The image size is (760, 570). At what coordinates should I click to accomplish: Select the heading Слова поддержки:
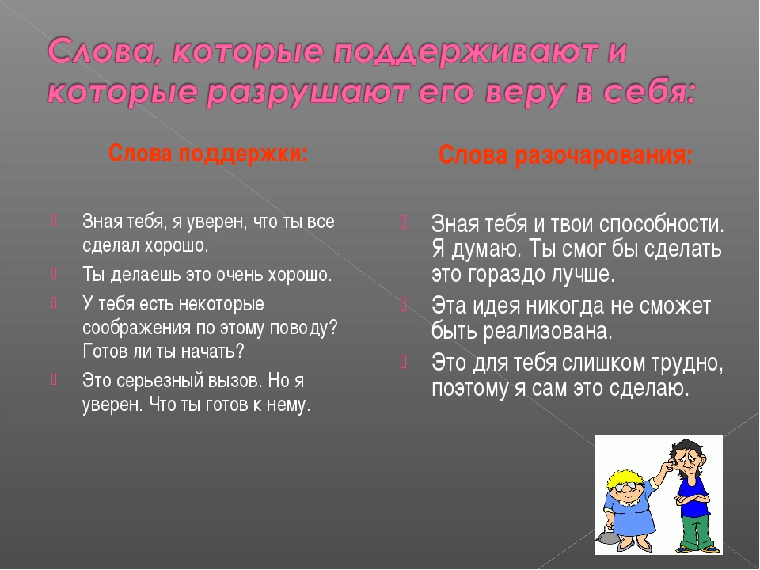click(208, 154)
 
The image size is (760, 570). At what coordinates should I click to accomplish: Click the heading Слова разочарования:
click(565, 156)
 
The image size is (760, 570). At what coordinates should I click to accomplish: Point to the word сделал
click(111, 245)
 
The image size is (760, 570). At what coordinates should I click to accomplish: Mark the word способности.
click(662, 224)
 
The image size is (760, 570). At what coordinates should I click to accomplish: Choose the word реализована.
click(548, 332)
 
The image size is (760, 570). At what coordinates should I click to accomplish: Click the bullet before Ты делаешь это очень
click(54, 273)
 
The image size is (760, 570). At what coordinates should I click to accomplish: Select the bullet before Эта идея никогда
click(403, 306)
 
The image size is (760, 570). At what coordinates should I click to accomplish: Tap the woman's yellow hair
click(623, 478)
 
